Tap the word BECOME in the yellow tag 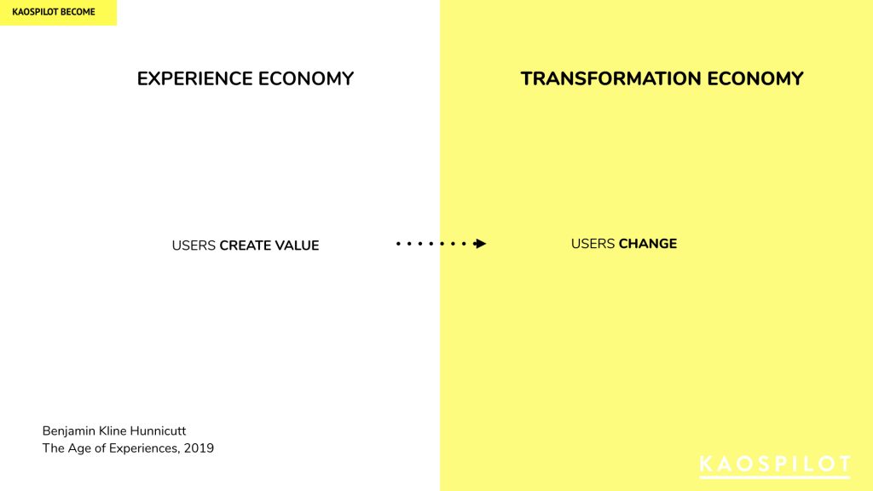pyautogui.click(x=78, y=12)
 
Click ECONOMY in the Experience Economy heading pyautogui.click(x=306, y=78)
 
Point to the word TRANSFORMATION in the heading pyautogui.click(x=610, y=78)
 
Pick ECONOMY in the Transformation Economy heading pyautogui.click(x=755, y=78)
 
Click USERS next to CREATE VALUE pyautogui.click(x=194, y=245)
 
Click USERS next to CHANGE pyautogui.click(x=593, y=244)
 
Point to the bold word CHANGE pyautogui.click(x=648, y=244)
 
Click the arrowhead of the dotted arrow pyautogui.click(x=480, y=243)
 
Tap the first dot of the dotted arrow pyautogui.click(x=398, y=243)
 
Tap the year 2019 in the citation pyautogui.click(x=199, y=448)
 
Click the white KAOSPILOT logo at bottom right pyautogui.click(x=774, y=466)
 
